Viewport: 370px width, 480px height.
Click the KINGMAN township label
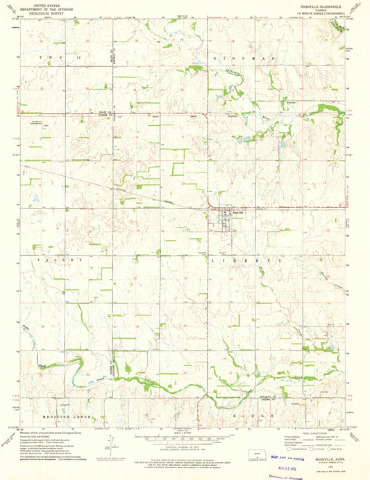coord(247,58)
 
